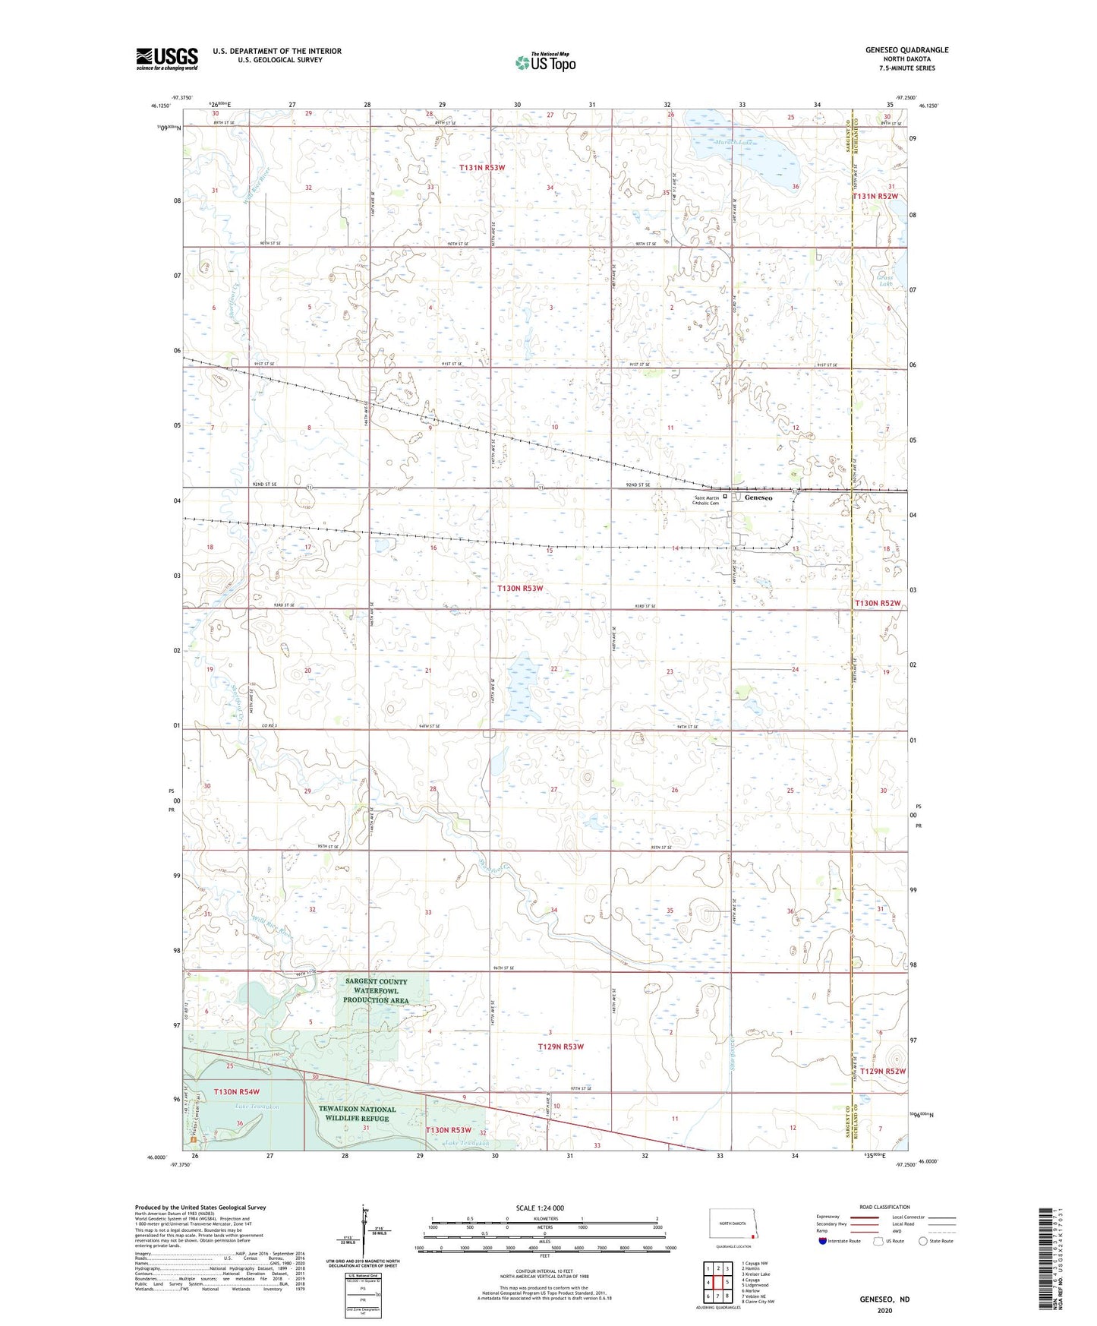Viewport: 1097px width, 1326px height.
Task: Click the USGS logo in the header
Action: point(167,58)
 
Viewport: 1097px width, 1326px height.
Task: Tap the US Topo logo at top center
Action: point(544,62)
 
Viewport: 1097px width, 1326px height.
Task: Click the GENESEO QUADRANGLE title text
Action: point(906,50)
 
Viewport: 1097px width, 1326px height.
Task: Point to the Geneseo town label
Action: point(758,497)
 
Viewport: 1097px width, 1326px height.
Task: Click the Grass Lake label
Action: point(884,281)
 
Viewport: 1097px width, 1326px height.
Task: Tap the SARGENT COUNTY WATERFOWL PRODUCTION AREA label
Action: point(376,990)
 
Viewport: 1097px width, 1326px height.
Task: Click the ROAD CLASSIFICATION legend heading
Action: point(884,1207)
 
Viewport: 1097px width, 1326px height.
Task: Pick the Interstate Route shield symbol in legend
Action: point(823,1241)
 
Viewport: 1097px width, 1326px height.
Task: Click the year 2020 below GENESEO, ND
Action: point(884,1310)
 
